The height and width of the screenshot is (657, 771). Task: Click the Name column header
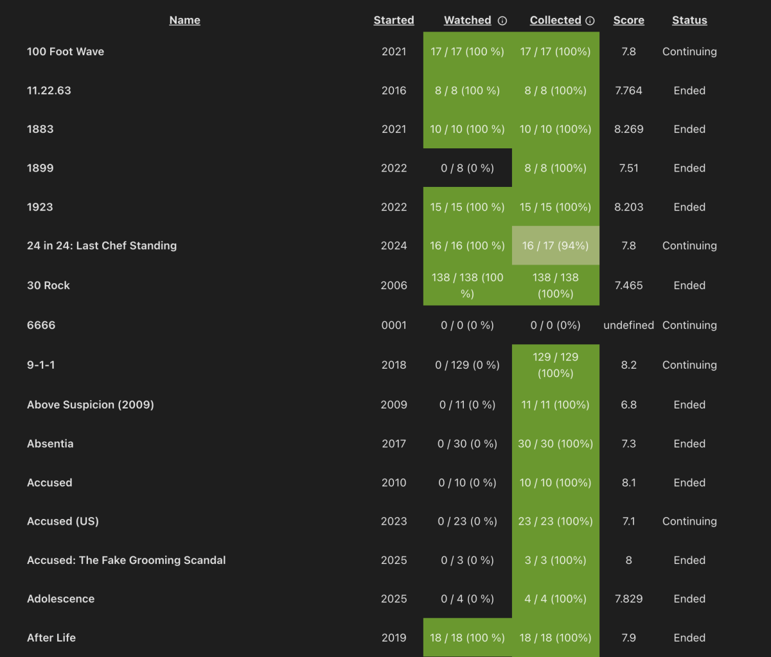[x=184, y=21]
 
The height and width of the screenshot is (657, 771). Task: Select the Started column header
[x=394, y=21]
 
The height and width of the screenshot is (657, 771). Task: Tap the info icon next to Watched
[x=502, y=21]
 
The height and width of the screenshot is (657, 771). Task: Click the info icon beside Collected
[x=590, y=21]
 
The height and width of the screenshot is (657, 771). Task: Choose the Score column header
[x=628, y=21]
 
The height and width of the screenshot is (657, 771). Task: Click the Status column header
[x=689, y=21]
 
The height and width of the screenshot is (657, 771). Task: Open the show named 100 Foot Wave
[x=66, y=52]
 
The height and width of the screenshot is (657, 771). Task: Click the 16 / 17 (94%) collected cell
[x=555, y=245]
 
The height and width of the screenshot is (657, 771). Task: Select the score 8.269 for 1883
[x=628, y=129]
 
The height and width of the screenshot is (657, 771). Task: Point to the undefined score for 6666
[x=628, y=325]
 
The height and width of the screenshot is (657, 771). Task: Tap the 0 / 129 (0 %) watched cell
[x=467, y=365]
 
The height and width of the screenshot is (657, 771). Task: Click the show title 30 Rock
[x=48, y=285]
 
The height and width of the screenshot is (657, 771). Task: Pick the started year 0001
[x=394, y=325]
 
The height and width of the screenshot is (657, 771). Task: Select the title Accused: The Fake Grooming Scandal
[x=127, y=560]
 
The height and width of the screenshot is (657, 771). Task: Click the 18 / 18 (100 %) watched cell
[x=467, y=638]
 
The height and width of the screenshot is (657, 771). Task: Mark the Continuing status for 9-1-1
[x=689, y=365]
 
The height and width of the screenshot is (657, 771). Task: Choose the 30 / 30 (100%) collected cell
[x=555, y=444]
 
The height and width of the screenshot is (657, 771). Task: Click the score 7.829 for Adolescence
[x=628, y=599]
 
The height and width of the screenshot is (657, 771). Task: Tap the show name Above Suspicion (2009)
[x=91, y=405]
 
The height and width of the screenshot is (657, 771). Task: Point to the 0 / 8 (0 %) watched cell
[x=467, y=168]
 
